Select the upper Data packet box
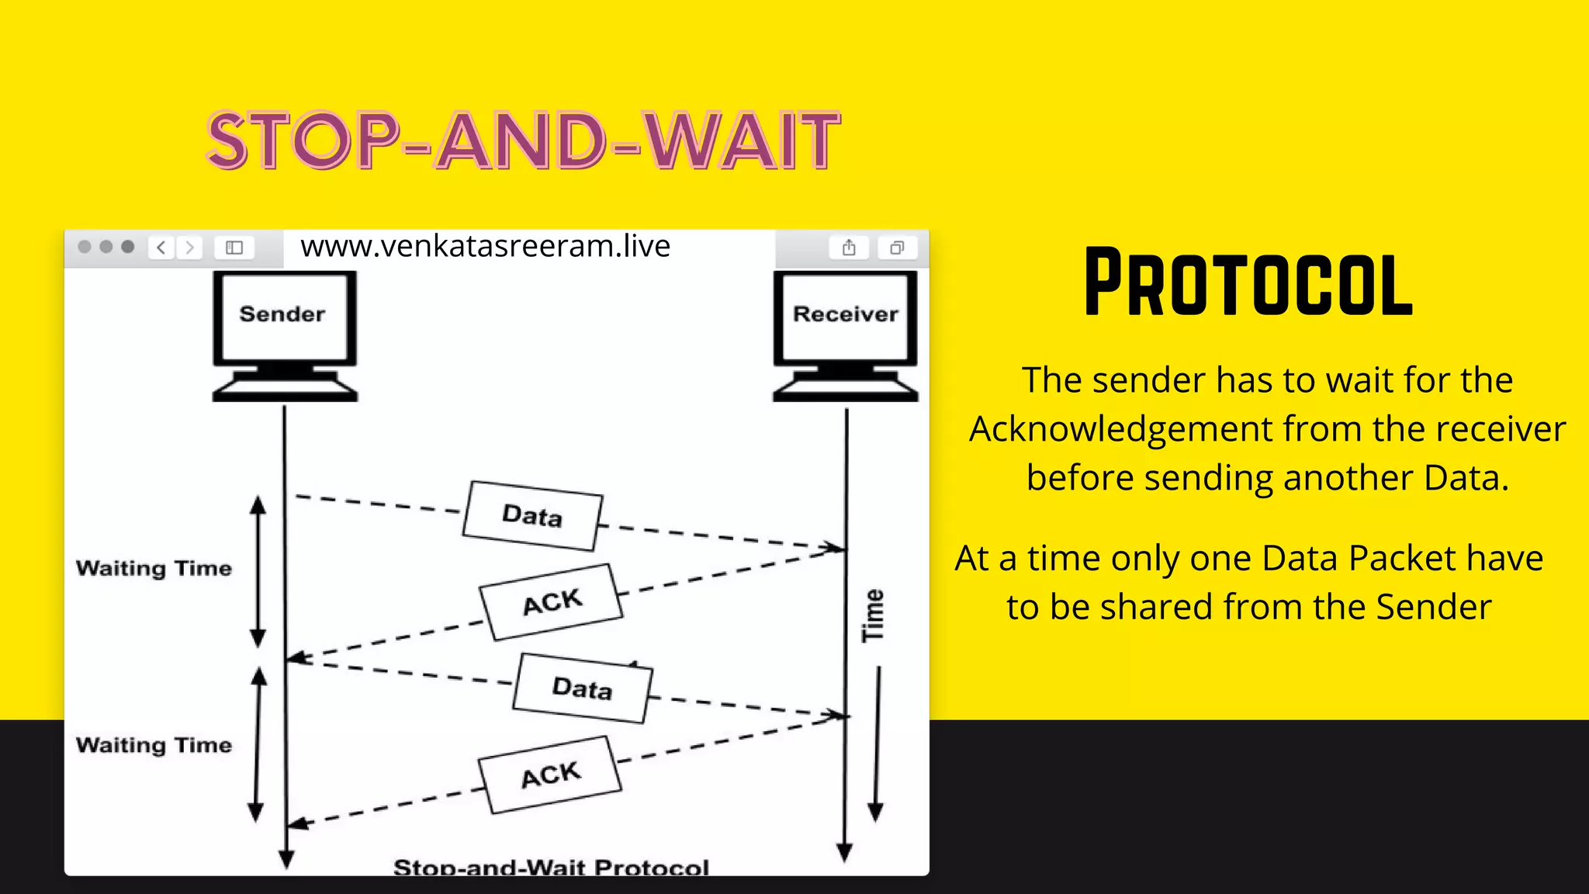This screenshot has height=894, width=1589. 532,516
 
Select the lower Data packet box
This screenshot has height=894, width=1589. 582,688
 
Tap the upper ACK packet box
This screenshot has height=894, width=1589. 552,602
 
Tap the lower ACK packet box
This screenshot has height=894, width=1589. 550,774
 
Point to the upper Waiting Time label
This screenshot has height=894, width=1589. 154,568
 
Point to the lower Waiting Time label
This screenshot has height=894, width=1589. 154,745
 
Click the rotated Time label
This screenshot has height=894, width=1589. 874,615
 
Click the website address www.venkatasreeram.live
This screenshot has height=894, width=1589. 485,246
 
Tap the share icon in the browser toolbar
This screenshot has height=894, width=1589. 849,248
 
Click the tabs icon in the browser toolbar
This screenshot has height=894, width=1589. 897,248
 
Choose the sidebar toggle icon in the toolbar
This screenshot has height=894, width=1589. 234,248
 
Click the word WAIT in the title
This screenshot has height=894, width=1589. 743,141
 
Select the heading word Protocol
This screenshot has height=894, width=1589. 1248,283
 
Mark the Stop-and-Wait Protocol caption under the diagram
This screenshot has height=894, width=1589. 551,866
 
